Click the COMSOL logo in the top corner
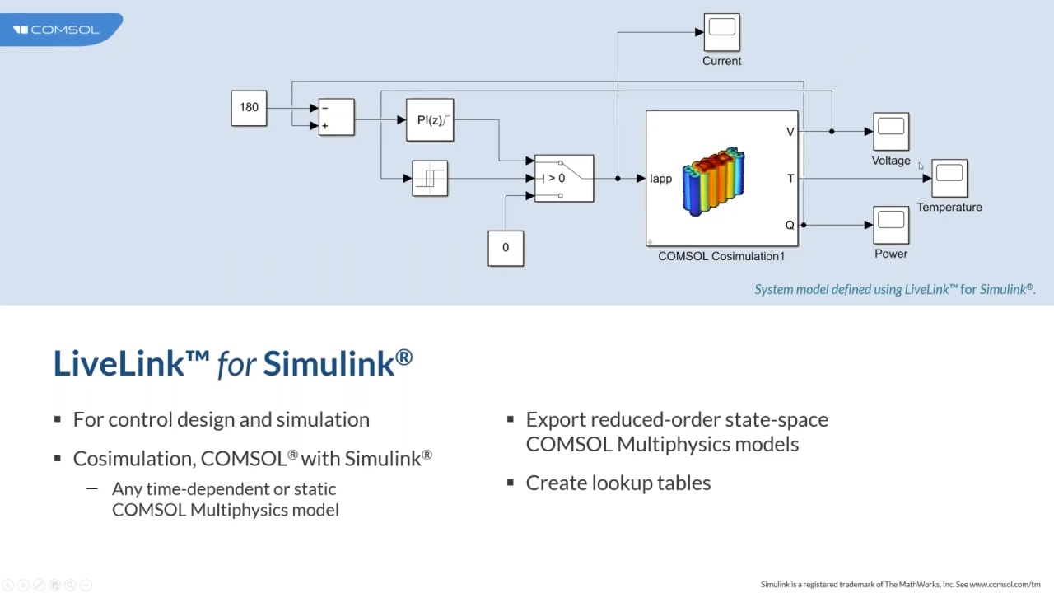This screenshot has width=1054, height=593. coord(56,30)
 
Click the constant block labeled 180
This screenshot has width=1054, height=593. coord(249,108)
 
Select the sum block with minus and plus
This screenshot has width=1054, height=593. coord(336,117)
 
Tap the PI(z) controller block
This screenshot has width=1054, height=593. coord(430,120)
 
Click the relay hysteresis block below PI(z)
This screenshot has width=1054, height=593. coord(430,178)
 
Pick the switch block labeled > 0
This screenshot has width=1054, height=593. coord(564,178)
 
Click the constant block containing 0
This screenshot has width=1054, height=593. coord(506,248)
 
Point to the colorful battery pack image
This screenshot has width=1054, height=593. coord(713,182)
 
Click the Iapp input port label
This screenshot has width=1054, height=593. coord(661,179)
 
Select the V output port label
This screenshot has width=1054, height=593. coord(790,132)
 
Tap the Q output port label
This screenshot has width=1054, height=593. coord(790,225)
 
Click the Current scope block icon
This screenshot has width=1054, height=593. coord(721,32)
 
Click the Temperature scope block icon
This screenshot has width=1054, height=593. coord(949,178)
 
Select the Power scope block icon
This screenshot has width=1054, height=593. coord(891,225)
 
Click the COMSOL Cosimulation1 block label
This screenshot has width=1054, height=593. coord(721,256)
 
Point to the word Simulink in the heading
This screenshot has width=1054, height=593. coord(338,363)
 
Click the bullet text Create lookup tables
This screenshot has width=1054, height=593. coord(618,483)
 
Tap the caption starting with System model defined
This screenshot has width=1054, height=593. coord(894,289)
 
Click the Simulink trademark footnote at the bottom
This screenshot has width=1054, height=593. coord(900,584)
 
